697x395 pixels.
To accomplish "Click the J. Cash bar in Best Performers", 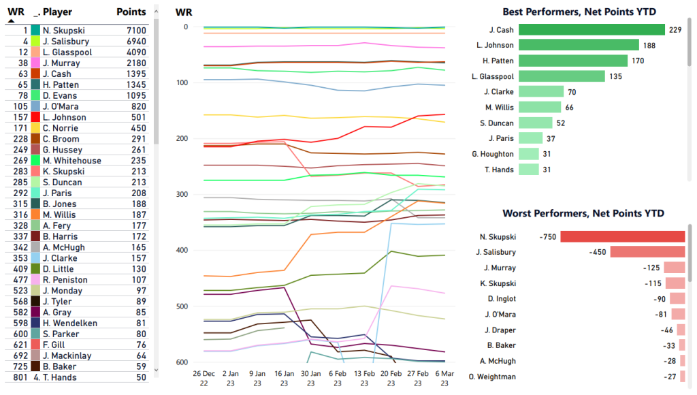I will tap(591, 29).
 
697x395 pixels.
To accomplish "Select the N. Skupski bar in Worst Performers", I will tap(622, 236).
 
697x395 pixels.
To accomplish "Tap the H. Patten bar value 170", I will tap(638, 61).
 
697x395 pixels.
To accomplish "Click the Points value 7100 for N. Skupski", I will tap(135, 31).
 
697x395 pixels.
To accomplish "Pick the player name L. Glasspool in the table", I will tap(65, 52).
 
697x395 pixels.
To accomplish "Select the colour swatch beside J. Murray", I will tap(35, 63).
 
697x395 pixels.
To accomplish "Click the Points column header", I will tap(131, 12).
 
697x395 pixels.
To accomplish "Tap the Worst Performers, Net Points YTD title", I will tap(583, 214).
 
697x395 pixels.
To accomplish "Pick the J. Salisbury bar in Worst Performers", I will tap(647, 252).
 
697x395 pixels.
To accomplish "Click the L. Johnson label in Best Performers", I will tap(496, 45).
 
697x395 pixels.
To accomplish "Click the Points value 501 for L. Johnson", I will tap(138, 117).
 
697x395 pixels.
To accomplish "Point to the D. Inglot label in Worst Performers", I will tap(500, 299).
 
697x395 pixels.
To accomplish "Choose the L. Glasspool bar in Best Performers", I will tap(562, 76).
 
